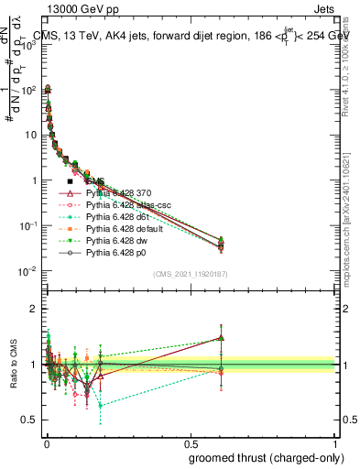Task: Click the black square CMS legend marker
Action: (x=71, y=182)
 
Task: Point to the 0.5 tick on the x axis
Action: (x=191, y=442)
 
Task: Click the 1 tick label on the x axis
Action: (x=335, y=442)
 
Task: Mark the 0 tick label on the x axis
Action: (x=46, y=442)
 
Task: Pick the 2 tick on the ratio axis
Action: (x=36, y=309)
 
